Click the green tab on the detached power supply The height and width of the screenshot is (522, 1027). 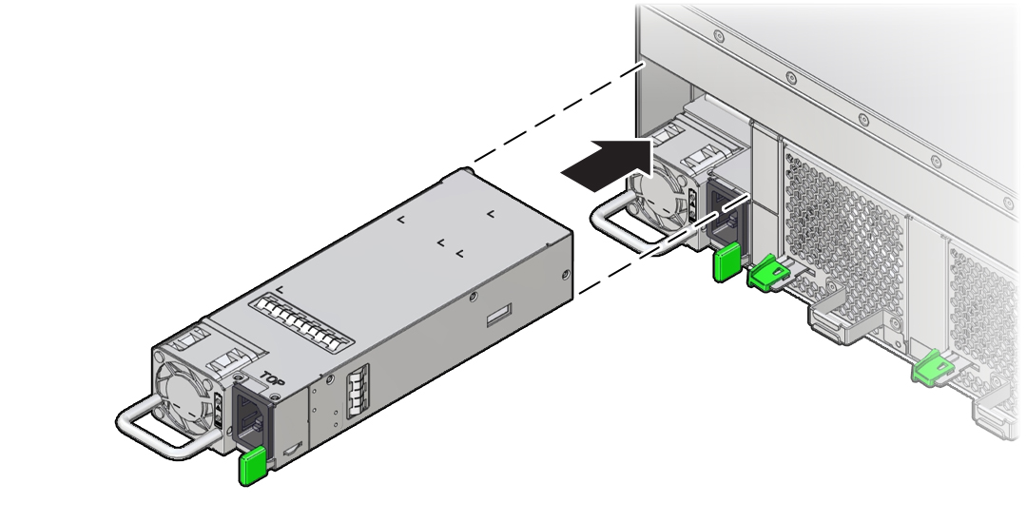252,466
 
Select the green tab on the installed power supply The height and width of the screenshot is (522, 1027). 727,262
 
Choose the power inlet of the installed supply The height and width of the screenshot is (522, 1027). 724,215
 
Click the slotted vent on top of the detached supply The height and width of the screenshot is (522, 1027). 302,321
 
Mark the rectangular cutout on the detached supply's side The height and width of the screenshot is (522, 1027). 498,315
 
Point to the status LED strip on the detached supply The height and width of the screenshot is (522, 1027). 220,410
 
